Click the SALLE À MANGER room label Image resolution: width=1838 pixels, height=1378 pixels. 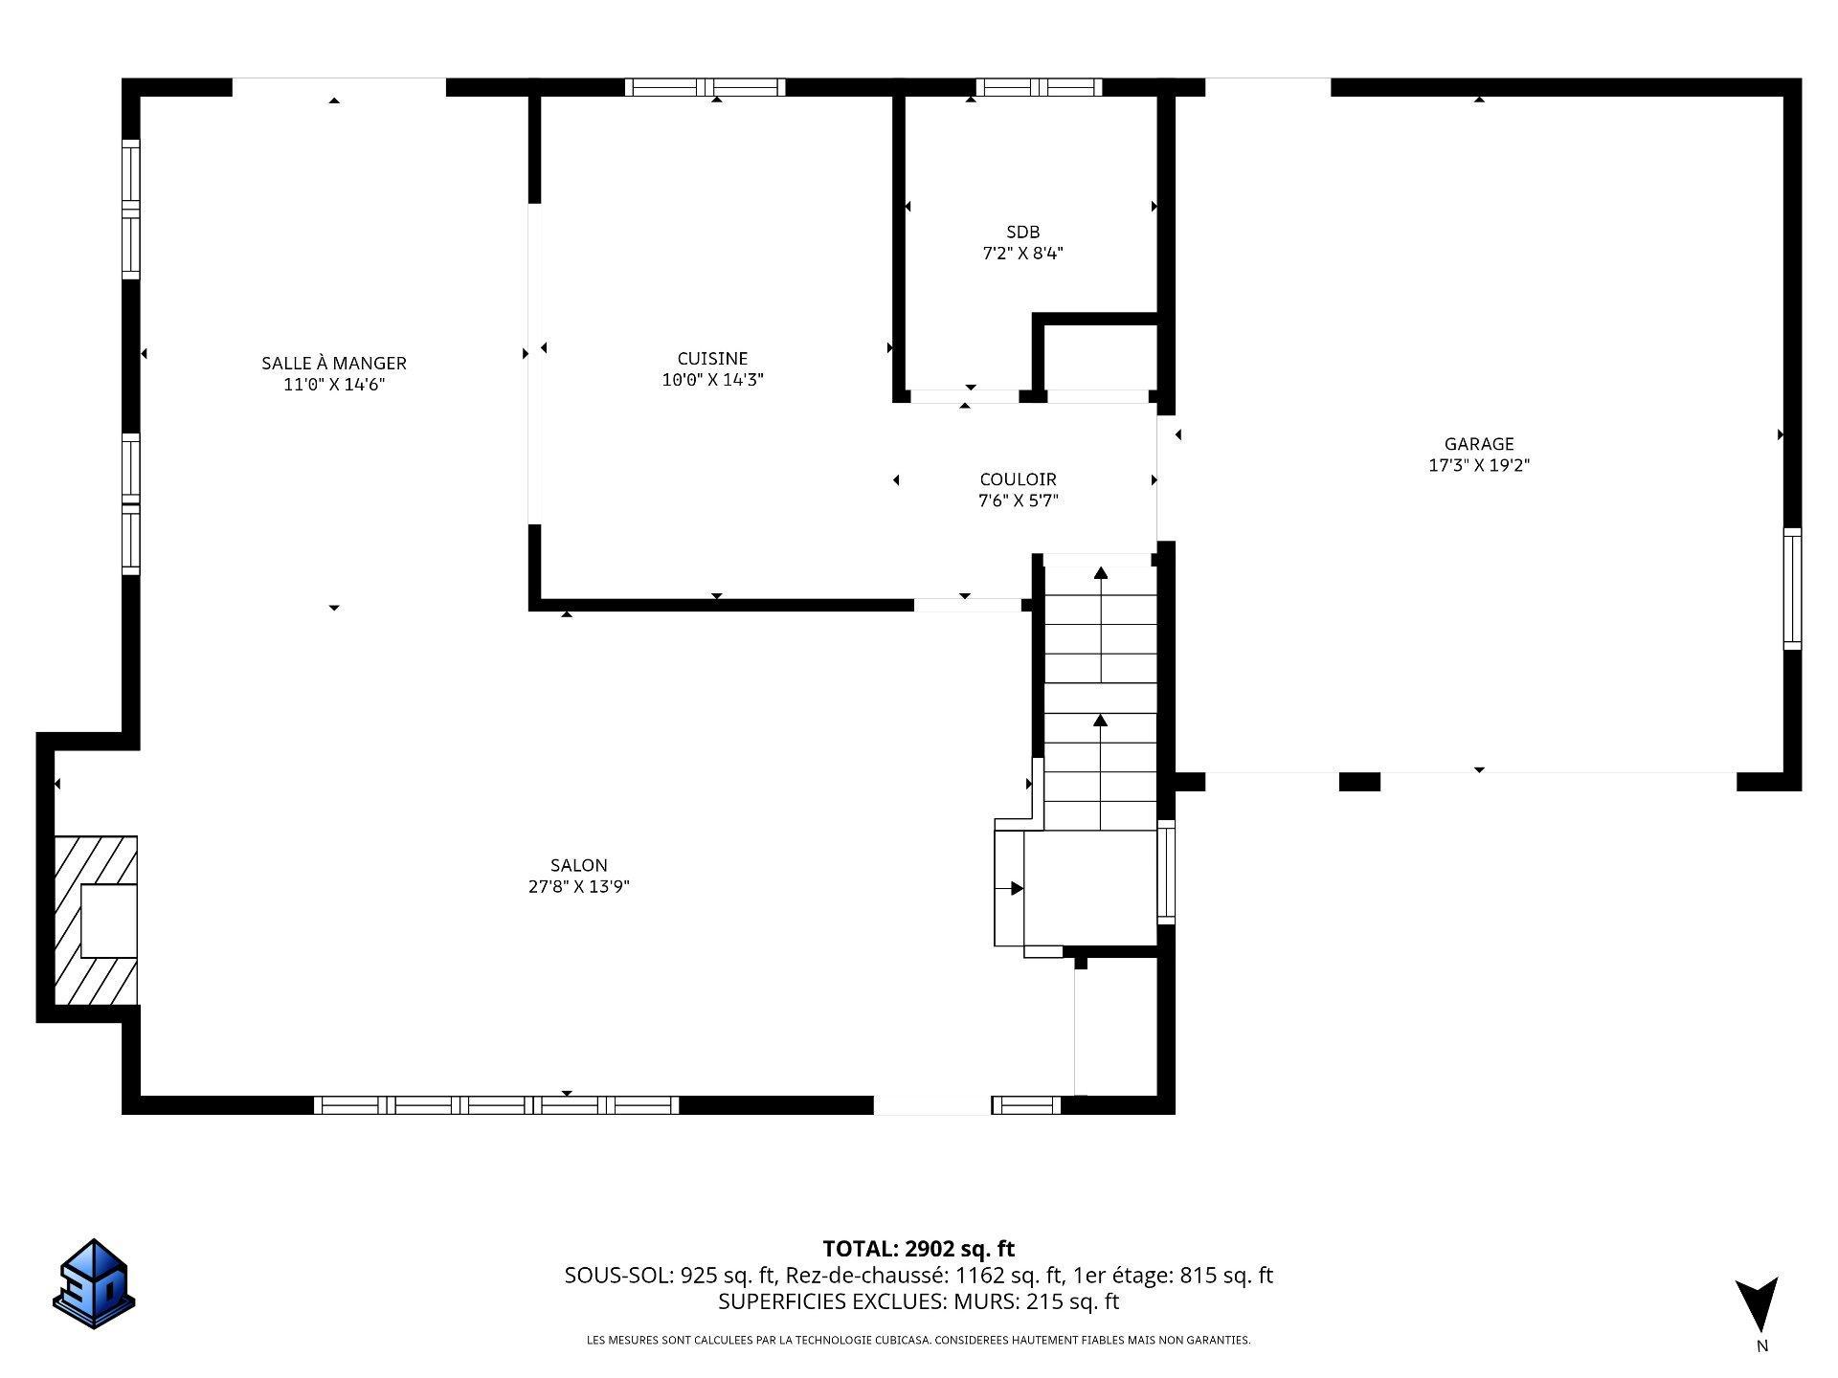click(x=334, y=363)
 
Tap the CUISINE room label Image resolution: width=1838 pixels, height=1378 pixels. click(x=712, y=358)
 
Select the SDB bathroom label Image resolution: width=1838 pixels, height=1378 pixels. click(x=1022, y=232)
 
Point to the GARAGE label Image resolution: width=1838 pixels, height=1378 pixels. click(x=1479, y=443)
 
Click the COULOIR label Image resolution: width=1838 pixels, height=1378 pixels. click(x=1018, y=478)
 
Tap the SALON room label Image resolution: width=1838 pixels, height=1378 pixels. click(x=578, y=864)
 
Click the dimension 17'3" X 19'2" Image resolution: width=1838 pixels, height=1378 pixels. click(x=1479, y=465)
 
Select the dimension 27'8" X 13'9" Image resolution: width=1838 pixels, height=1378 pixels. click(x=578, y=886)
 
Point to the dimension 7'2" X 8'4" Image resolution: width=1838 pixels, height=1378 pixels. click(x=1022, y=254)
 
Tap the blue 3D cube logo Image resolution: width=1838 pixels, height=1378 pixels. click(x=93, y=1283)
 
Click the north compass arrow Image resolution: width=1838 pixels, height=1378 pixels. click(x=1759, y=1303)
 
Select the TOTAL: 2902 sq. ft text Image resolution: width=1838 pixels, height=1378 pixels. click(x=918, y=1249)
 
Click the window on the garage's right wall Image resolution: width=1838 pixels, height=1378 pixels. click(x=1792, y=589)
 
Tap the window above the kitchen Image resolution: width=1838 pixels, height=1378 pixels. click(x=706, y=87)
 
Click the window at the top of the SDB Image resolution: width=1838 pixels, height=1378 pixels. click(x=1039, y=87)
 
